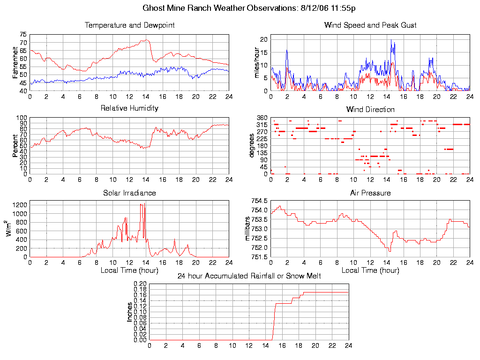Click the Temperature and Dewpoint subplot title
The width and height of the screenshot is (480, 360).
(129, 25)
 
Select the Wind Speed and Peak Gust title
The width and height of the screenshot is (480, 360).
(370, 25)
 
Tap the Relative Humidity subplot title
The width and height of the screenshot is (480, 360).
(129, 108)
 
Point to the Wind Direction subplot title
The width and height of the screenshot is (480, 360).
(370, 110)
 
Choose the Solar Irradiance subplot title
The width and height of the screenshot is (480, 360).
(129, 193)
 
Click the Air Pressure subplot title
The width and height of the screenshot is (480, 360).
(370, 193)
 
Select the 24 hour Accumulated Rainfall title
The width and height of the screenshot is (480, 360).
(249, 276)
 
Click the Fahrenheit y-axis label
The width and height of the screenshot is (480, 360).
(15, 62)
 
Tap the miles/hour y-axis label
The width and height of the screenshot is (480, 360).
(256, 62)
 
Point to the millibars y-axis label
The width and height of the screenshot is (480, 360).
(248, 229)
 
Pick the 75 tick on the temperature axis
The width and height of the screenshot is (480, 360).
(23, 35)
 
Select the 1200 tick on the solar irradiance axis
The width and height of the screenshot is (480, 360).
(20, 205)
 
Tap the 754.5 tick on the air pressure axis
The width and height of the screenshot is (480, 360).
(260, 201)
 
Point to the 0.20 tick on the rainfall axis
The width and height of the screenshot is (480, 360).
(140, 284)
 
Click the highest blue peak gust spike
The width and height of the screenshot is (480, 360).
(391, 40)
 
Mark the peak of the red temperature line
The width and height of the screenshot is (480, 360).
(147, 40)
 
